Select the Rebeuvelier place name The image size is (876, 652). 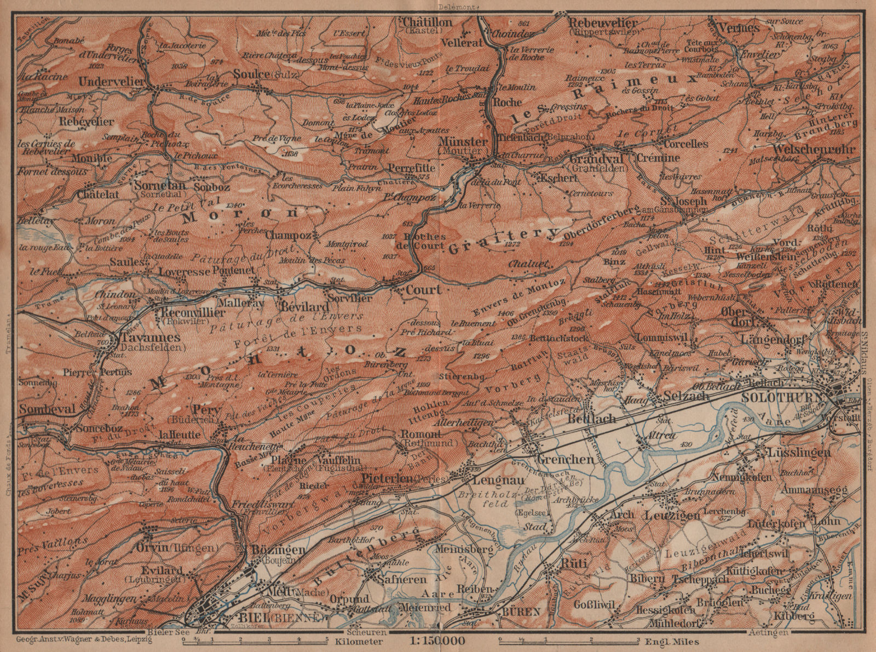(603, 22)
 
